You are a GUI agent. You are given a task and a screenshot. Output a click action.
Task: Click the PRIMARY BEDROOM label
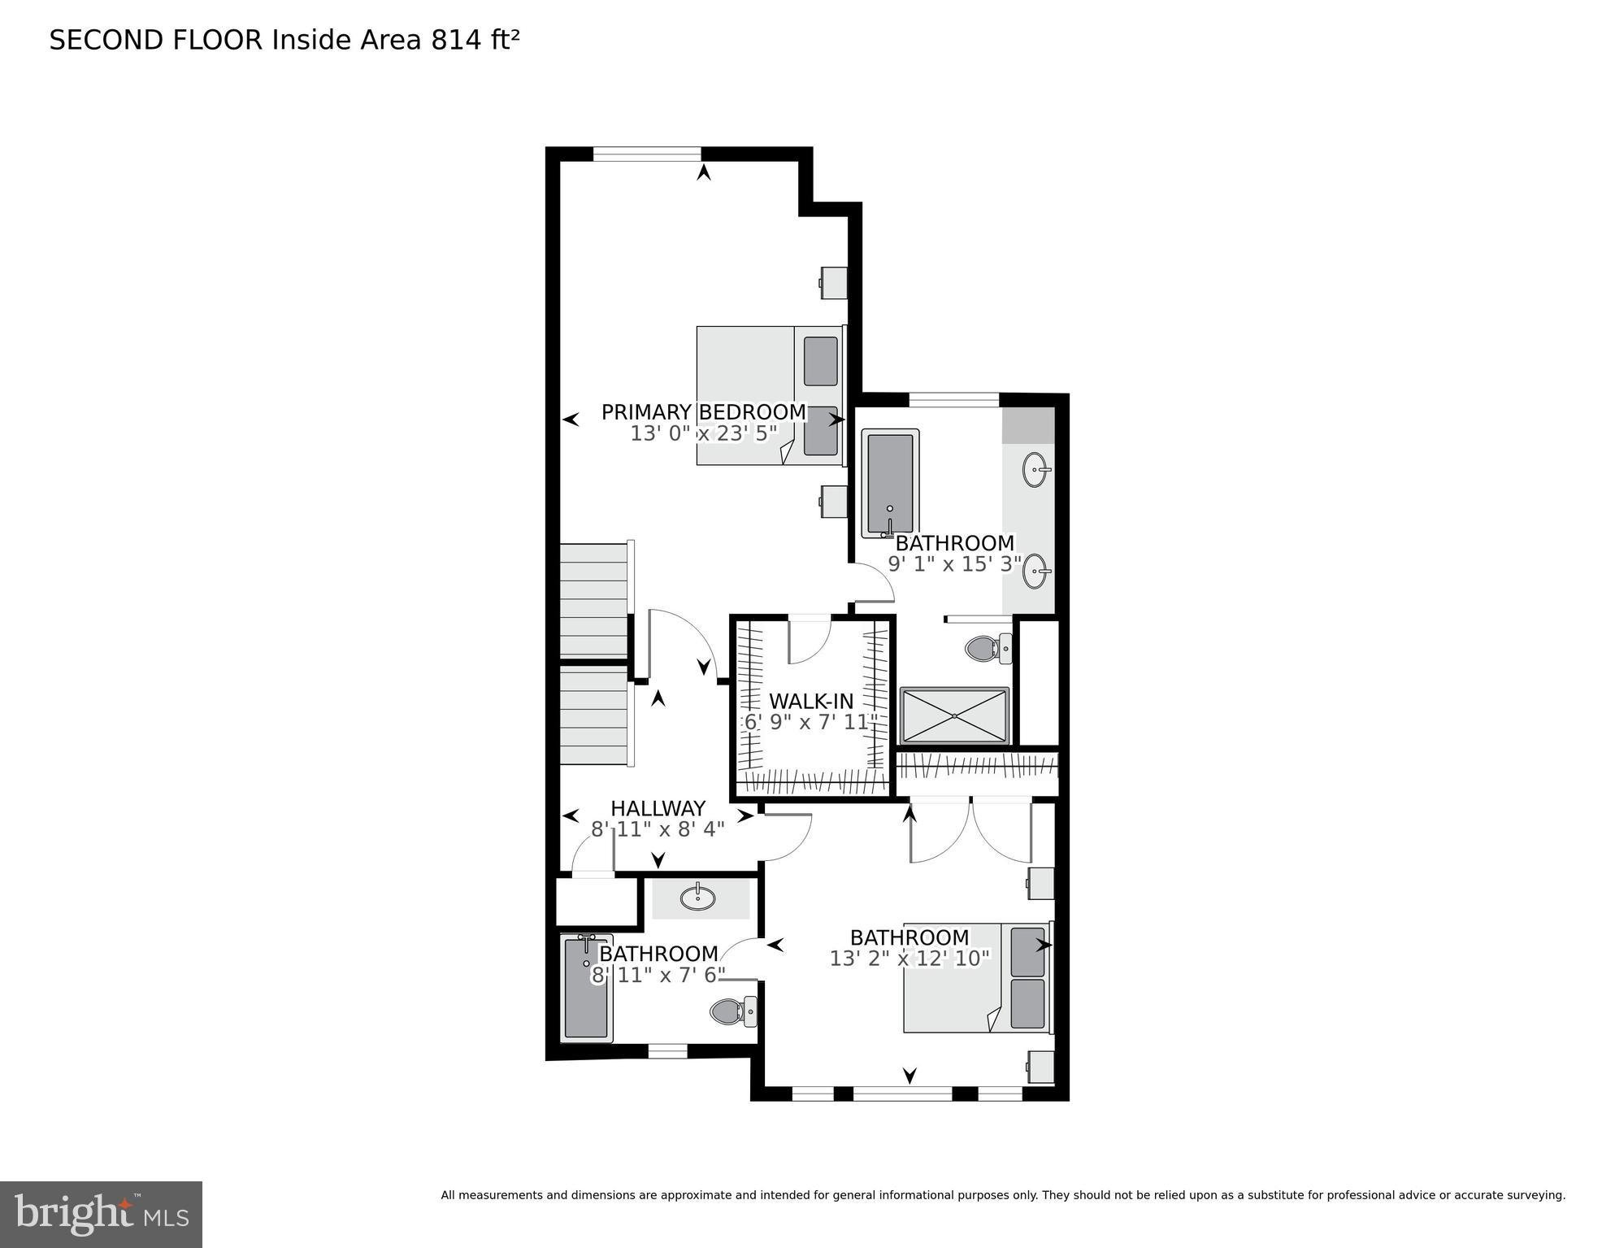(703, 412)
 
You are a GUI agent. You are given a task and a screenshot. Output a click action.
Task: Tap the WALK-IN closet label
(811, 701)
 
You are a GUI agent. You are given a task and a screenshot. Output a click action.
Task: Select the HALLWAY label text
(658, 808)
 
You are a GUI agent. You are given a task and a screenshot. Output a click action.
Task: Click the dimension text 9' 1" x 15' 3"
(954, 564)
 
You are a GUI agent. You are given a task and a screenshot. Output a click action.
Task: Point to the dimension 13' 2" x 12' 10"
(910, 959)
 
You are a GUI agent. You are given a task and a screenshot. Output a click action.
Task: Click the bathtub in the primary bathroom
(890, 483)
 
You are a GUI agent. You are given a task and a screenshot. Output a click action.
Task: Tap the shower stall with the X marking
(954, 715)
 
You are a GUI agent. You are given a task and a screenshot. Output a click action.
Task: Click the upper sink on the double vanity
(1035, 469)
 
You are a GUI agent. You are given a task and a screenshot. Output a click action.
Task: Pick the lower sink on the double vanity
(1035, 571)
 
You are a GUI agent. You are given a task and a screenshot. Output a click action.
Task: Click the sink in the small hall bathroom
(697, 898)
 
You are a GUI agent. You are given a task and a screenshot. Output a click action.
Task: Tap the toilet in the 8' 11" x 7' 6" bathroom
(732, 1011)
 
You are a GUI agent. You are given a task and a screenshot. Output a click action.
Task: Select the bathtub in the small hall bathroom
(586, 989)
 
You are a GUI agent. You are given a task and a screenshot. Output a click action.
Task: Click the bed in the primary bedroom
(768, 396)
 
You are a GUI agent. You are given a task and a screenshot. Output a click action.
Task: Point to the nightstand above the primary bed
(834, 283)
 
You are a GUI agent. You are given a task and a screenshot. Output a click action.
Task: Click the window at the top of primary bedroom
(647, 153)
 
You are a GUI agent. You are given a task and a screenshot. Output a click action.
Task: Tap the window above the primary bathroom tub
(953, 399)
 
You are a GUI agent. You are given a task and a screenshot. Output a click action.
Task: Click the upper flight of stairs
(595, 598)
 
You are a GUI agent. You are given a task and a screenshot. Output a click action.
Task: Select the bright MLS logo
(101, 1214)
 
